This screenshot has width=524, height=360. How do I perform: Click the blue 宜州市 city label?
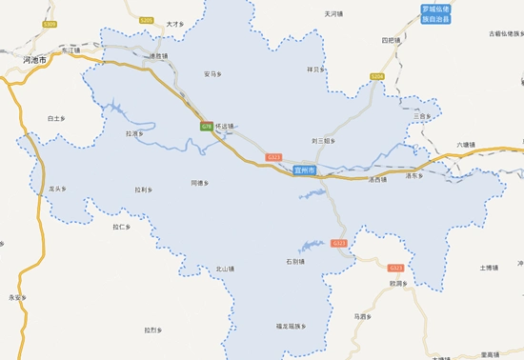point(305,170)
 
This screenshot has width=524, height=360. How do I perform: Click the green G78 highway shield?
point(206,126)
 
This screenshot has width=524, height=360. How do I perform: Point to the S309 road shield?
point(50,23)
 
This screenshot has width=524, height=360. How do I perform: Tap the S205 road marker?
point(146,19)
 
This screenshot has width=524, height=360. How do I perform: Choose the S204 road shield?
point(376,75)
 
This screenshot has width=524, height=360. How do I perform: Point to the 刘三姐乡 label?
point(324,140)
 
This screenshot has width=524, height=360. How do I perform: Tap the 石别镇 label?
point(294,261)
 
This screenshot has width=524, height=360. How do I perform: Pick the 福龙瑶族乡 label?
point(290,327)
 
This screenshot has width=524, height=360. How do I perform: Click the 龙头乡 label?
point(57,190)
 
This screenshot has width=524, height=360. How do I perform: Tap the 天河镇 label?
point(333,14)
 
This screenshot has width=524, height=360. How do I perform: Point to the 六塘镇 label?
point(464,145)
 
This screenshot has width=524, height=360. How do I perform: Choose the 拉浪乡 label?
point(134,134)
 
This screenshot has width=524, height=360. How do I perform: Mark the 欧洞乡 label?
point(398,284)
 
